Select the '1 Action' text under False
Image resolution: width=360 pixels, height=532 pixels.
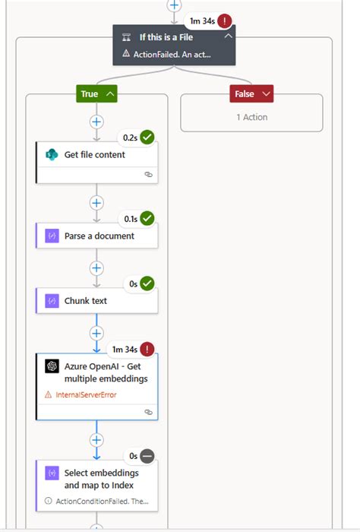click(x=251, y=117)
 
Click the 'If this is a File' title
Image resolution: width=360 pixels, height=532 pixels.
click(x=165, y=36)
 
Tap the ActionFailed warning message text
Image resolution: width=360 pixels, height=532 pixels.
click(x=172, y=54)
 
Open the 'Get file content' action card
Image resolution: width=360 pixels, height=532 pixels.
click(x=96, y=154)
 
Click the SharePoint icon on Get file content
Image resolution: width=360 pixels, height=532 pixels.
click(x=51, y=154)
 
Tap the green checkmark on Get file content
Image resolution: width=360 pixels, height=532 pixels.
click(x=147, y=138)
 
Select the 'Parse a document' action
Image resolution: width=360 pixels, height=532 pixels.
click(x=99, y=236)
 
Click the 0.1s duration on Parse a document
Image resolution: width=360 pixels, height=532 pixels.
click(x=131, y=219)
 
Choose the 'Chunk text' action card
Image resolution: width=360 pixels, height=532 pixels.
click(x=86, y=300)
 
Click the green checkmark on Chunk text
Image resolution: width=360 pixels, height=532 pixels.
click(x=147, y=283)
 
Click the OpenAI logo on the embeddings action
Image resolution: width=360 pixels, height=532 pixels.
click(x=52, y=366)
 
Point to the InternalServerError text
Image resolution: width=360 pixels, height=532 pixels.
click(x=86, y=394)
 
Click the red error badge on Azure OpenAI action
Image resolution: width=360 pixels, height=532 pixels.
click(x=147, y=349)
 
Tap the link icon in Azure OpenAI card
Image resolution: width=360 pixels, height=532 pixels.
click(x=149, y=412)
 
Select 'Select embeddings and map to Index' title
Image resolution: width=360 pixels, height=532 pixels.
click(x=102, y=478)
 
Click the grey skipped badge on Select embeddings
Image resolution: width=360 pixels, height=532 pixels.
click(x=147, y=456)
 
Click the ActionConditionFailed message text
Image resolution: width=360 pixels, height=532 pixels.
click(x=101, y=502)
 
